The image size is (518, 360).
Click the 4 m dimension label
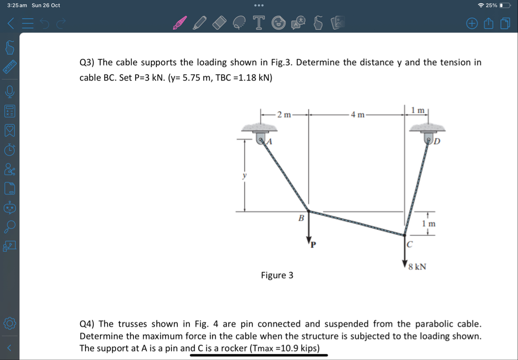pos(358,115)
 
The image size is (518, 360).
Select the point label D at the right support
pos(437,142)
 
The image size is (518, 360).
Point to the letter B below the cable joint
pos(301,219)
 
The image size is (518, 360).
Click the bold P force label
pos(313,244)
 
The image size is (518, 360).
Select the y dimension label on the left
pos(244,176)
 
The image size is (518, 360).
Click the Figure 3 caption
pos(277,275)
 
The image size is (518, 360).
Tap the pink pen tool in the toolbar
pos(180,23)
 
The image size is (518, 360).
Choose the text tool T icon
pos(258,23)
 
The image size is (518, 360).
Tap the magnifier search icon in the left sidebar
pos(10,227)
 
